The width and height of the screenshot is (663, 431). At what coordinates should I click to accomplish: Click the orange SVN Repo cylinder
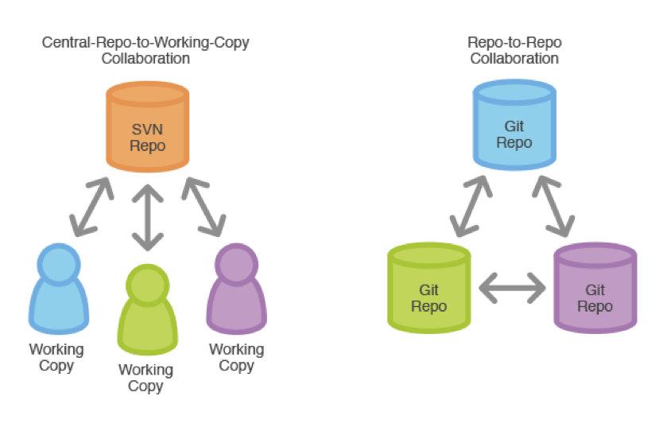click(148, 127)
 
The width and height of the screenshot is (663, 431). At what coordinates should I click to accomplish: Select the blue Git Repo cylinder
click(514, 125)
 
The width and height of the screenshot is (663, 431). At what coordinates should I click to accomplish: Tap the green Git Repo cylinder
click(429, 288)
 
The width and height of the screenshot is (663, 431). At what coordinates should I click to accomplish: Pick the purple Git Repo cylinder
click(595, 288)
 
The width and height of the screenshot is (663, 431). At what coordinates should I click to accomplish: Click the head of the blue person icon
click(59, 264)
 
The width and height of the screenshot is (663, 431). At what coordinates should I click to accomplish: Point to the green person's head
click(148, 285)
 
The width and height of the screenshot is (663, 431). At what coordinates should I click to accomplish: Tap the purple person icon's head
click(237, 264)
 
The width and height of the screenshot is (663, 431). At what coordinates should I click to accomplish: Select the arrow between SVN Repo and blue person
click(91, 207)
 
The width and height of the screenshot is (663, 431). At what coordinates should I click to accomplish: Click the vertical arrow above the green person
click(148, 218)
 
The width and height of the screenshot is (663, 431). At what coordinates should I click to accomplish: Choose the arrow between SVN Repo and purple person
click(204, 207)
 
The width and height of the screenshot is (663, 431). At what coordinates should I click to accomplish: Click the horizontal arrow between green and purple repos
click(513, 288)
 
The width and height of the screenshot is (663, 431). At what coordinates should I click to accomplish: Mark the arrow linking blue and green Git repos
click(471, 206)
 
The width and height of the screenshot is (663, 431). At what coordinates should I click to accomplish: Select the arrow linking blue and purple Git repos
click(553, 206)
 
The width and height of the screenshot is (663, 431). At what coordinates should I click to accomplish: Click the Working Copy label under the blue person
click(56, 357)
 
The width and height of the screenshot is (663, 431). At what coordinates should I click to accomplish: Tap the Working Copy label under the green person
click(146, 379)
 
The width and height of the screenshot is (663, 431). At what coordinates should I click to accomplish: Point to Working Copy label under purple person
click(237, 357)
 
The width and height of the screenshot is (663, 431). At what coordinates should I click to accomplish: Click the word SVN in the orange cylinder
click(147, 130)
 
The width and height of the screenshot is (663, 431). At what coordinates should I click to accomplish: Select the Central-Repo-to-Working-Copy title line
click(145, 42)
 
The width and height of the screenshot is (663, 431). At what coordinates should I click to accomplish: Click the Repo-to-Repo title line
click(514, 42)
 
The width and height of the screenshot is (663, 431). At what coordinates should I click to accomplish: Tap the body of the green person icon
click(148, 327)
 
